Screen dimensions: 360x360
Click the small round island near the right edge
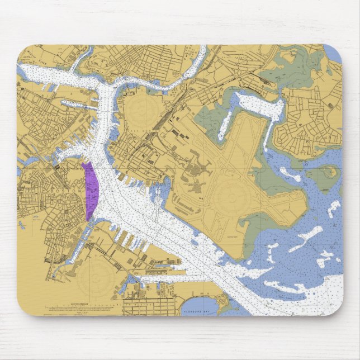coord(330,171)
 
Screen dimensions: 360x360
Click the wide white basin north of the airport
coord(254,101)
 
